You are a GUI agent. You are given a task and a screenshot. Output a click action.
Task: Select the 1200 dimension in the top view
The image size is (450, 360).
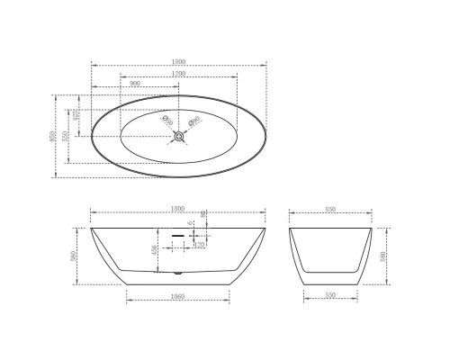coord(180,73)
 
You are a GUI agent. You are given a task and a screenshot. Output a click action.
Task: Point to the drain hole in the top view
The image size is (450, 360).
coord(180,136)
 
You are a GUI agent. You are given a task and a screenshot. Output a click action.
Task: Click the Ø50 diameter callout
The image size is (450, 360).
coord(166,119)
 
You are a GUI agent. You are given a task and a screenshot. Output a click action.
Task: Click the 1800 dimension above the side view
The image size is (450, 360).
coord(180,210)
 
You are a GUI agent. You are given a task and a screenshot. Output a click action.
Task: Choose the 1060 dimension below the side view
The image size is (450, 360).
coord(180,294)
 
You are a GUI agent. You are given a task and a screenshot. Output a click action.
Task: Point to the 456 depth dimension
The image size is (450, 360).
coord(155,249)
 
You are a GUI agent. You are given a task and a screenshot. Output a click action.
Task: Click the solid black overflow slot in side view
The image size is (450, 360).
coord(177,232)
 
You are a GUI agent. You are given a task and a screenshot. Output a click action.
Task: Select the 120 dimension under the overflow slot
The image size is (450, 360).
coord(200,244)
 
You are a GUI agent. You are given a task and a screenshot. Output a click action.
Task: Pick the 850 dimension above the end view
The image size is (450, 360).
coord(330,210)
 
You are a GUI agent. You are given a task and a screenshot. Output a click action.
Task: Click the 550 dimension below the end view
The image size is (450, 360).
coord(330,294)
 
